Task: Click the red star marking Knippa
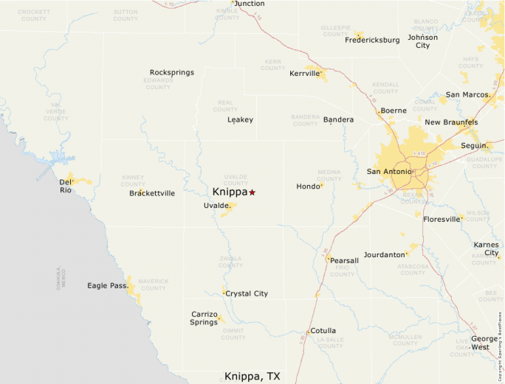click(252, 192)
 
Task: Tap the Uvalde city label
click(216, 206)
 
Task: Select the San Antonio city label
click(388, 172)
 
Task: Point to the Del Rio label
click(66, 186)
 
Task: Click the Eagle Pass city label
click(106, 285)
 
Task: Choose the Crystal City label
click(247, 293)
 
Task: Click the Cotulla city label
click(323, 331)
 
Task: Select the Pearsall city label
click(345, 260)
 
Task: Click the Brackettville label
click(152, 193)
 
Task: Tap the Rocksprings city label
click(171, 72)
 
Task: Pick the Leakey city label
click(240, 119)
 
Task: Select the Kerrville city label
click(303, 74)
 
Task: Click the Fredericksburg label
click(372, 40)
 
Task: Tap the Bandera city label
click(338, 119)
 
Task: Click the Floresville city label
click(442, 219)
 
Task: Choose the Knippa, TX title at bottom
click(252, 376)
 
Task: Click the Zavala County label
click(230, 261)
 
